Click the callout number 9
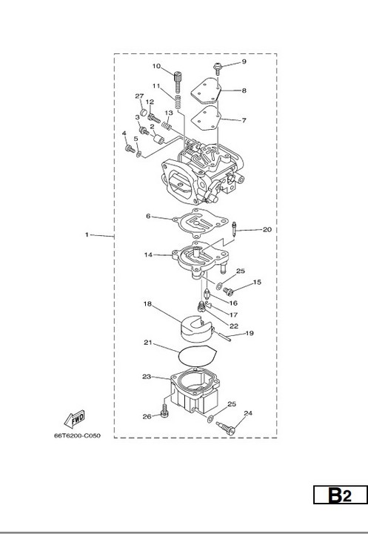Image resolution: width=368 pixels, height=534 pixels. (244, 62)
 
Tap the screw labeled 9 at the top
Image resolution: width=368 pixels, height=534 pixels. (218, 69)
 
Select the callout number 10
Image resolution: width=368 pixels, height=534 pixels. (156, 66)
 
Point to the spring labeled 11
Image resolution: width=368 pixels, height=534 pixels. (178, 102)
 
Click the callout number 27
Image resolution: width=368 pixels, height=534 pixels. (139, 96)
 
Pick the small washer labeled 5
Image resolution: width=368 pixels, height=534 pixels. (138, 154)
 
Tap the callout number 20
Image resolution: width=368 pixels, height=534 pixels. (267, 229)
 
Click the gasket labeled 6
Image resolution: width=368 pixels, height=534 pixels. (201, 223)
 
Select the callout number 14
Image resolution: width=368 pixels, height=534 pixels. (148, 254)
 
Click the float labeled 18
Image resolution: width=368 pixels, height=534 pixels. (196, 329)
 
